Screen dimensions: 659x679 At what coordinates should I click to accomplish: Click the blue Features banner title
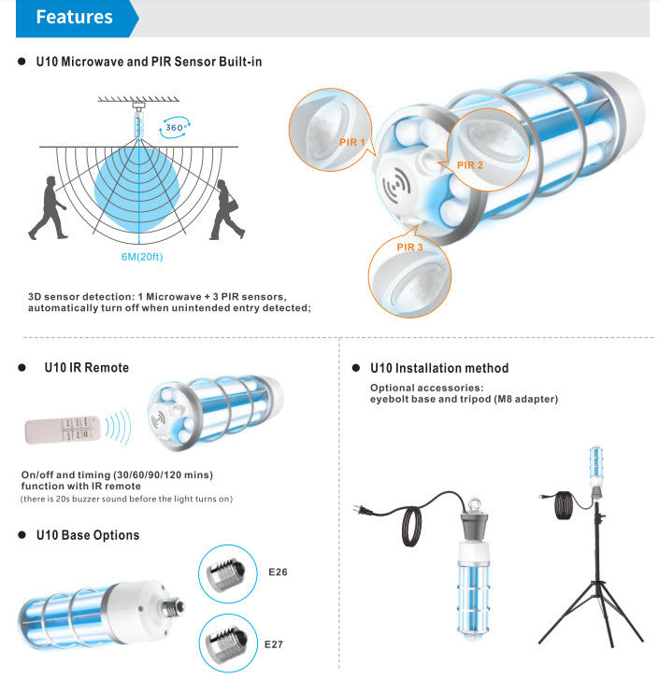[74, 17]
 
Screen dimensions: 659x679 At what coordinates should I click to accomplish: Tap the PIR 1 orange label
[351, 142]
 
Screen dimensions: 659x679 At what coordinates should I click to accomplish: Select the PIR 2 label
[469, 165]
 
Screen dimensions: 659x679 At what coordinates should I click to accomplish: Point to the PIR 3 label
[409, 247]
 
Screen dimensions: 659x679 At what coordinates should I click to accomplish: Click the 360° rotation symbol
[175, 127]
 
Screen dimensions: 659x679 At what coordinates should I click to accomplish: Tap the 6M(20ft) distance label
[142, 257]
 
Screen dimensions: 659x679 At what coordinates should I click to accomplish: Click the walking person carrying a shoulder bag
[226, 209]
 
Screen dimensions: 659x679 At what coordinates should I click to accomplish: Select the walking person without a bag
[49, 208]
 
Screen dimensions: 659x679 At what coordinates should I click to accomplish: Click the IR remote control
[63, 430]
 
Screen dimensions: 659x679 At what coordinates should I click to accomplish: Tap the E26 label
[278, 572]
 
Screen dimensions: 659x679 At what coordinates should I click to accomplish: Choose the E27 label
[274, 644]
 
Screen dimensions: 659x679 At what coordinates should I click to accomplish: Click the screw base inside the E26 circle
[226, 573]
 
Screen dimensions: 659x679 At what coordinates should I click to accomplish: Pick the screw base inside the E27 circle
[226, 644]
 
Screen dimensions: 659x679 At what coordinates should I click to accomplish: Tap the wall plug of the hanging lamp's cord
[363, 510]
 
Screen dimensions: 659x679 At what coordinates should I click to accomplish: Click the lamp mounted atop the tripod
[596, 467]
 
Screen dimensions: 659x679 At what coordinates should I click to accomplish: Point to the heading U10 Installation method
[439, 368]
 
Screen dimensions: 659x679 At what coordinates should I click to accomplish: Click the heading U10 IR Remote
[87, 368]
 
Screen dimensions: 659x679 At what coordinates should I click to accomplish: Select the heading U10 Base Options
[88, 535]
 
